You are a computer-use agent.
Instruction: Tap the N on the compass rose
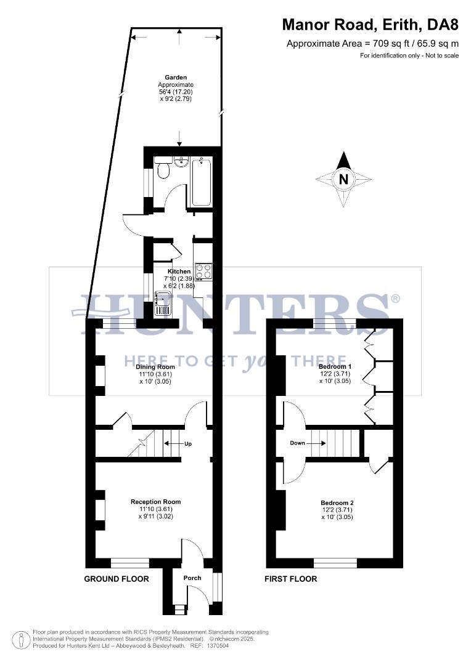click(x=344, y=180)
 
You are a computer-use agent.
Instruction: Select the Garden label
click(x=176, y=78)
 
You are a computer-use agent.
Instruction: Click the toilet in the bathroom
click(x=163, y=169)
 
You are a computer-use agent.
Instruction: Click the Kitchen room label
click(x=179, y=271)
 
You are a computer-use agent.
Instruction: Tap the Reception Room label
click(x=155, y=502)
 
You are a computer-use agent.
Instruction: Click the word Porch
click(x=192, y=578)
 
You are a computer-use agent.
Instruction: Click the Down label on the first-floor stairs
click(x=298, y=443)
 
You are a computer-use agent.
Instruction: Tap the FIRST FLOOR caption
click(x=290, y=579)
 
